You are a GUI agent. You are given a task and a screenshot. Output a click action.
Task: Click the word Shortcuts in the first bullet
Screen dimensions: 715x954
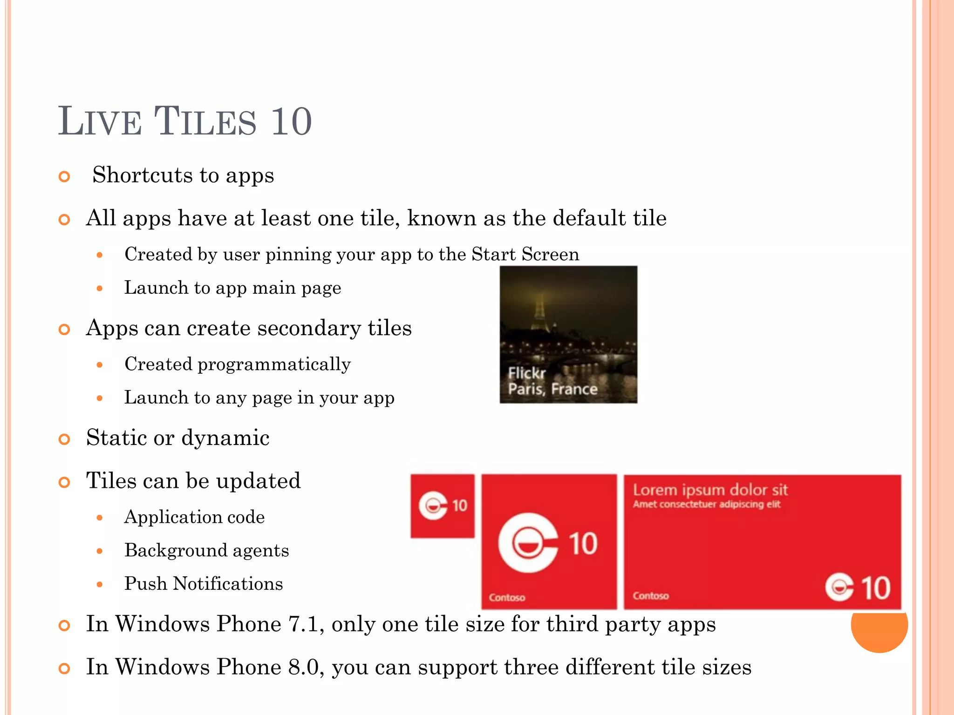143,175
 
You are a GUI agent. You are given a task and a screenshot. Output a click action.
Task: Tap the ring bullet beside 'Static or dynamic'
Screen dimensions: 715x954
64,439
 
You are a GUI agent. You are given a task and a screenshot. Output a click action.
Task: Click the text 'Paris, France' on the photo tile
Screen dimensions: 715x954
552,389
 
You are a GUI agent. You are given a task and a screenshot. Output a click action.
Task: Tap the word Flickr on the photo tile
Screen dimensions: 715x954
526,373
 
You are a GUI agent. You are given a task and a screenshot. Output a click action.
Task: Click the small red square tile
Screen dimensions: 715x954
443,506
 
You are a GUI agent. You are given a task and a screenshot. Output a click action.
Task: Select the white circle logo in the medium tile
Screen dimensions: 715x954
528,543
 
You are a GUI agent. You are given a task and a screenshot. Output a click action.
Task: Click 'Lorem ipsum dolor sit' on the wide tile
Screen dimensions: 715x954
710,490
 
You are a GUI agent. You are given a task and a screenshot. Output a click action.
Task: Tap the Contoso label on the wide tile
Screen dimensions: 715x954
650,596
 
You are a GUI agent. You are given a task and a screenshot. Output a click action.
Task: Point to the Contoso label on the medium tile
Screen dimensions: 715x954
507,598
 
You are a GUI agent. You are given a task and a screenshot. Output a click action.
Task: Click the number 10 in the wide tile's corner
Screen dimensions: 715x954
875,588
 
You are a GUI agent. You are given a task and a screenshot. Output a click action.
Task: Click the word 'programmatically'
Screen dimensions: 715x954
274,364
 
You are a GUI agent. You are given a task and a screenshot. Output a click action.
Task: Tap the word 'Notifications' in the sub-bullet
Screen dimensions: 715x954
228,584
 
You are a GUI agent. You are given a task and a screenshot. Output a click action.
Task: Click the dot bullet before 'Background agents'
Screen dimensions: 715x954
99,551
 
